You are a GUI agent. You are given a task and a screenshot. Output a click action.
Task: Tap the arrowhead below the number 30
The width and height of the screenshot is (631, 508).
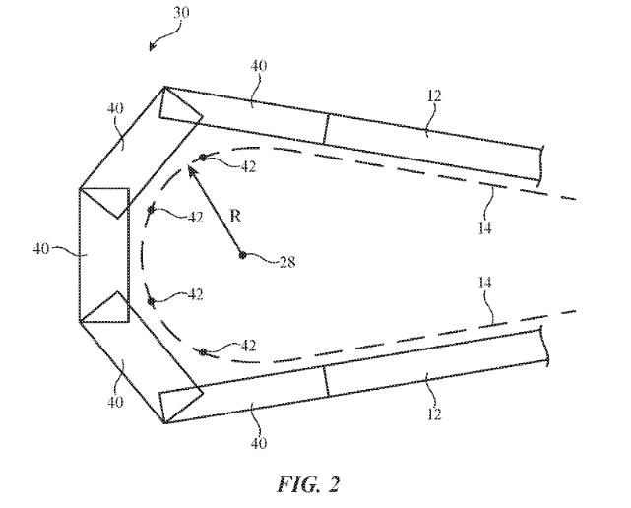[x=150, y=47]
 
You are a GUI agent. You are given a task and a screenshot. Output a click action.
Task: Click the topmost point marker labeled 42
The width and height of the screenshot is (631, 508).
[x=203, y=159]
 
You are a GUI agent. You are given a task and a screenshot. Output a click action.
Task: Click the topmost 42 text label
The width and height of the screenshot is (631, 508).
[x=248, y=167]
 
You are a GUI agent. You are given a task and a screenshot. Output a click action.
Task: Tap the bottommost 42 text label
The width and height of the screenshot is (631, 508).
[x=248, y=345]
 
